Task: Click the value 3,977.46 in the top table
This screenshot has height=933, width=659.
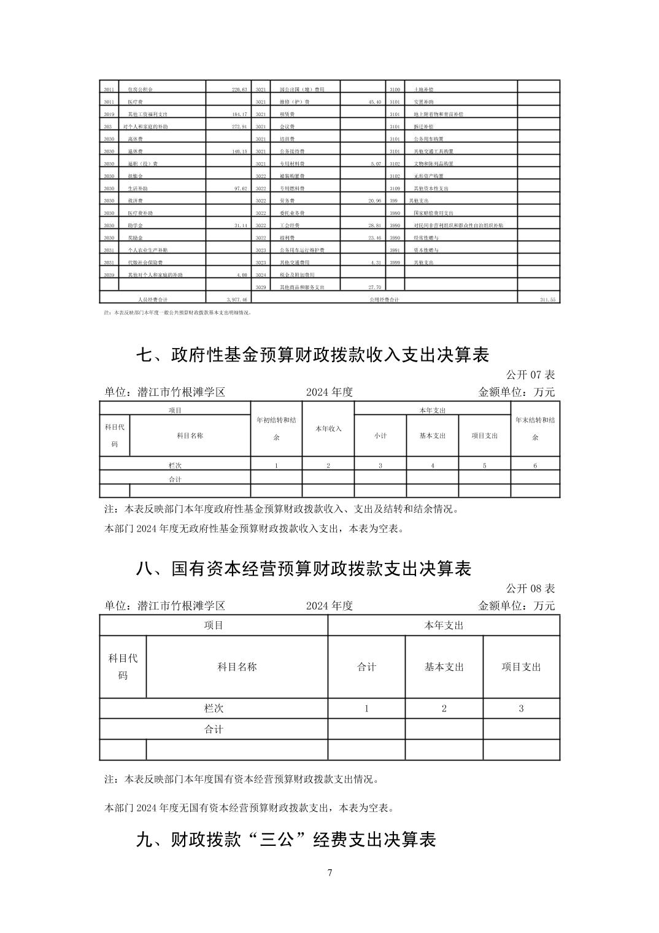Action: [236, 300]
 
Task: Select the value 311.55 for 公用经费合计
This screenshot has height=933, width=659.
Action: [547, 300]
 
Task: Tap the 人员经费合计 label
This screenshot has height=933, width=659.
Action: [150, 300]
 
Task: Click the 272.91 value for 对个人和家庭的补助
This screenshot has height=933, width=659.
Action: [237, 126]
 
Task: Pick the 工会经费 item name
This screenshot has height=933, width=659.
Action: [290, 225]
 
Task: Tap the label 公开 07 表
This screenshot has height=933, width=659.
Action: [530, 374]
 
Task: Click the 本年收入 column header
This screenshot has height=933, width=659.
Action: [328, 428]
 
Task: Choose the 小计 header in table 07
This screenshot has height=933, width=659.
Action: [380, 436]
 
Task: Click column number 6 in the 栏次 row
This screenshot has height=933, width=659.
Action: [535, 466]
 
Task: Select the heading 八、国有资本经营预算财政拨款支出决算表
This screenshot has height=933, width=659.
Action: [303, 569]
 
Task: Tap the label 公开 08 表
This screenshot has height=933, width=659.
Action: [530, 588]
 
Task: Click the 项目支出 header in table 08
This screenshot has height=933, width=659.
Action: [522, 667]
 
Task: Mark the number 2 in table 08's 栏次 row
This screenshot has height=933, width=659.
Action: [444, 708]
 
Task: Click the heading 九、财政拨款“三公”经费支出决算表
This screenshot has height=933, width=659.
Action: [285, 840]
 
